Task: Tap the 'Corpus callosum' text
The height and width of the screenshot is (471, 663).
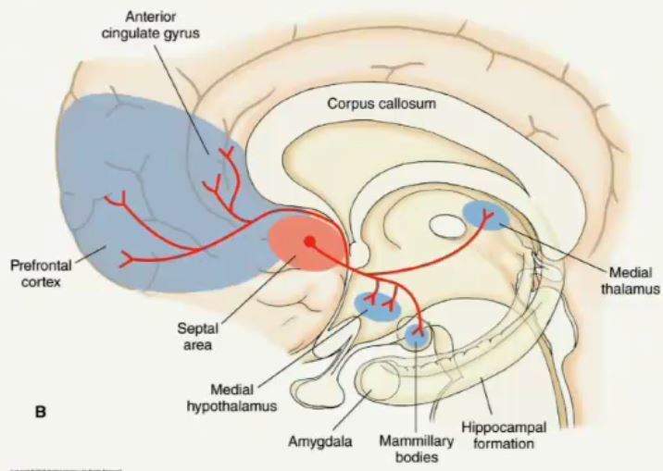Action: click(380, 104)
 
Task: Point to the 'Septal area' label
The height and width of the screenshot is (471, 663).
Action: click(195, 336)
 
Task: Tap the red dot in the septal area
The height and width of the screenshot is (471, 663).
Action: click(310, 242)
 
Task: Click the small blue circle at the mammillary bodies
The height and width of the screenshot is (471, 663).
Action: click(419, 335)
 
